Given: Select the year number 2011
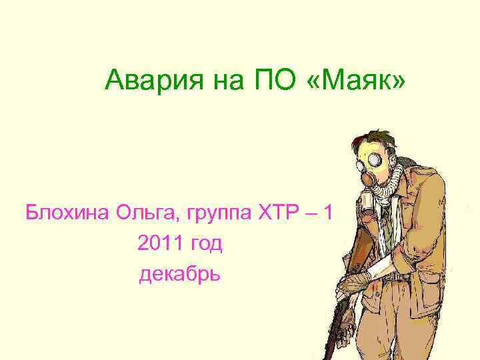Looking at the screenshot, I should point(159,244).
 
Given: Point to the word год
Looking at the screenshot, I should point(204,245).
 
